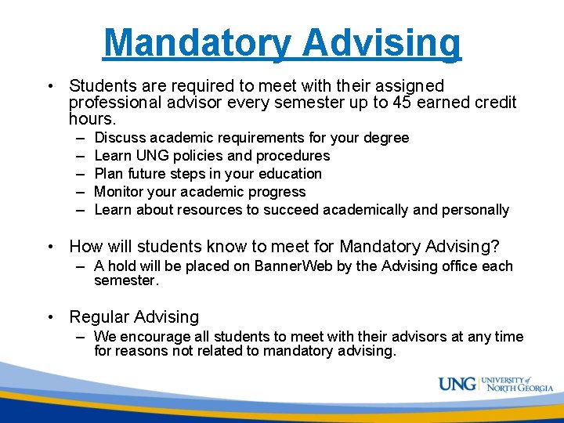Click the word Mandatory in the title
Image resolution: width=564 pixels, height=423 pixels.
(197, 43)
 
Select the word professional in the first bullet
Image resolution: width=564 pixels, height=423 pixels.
(114, 103)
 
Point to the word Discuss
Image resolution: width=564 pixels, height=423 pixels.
(120, 138)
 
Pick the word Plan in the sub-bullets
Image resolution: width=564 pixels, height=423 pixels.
(108, 174)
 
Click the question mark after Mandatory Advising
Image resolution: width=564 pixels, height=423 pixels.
(494, 247)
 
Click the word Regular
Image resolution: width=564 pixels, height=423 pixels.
(99, 317)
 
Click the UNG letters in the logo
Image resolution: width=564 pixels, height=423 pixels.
(457, 385)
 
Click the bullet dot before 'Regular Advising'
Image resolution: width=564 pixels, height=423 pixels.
(51, 317)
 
